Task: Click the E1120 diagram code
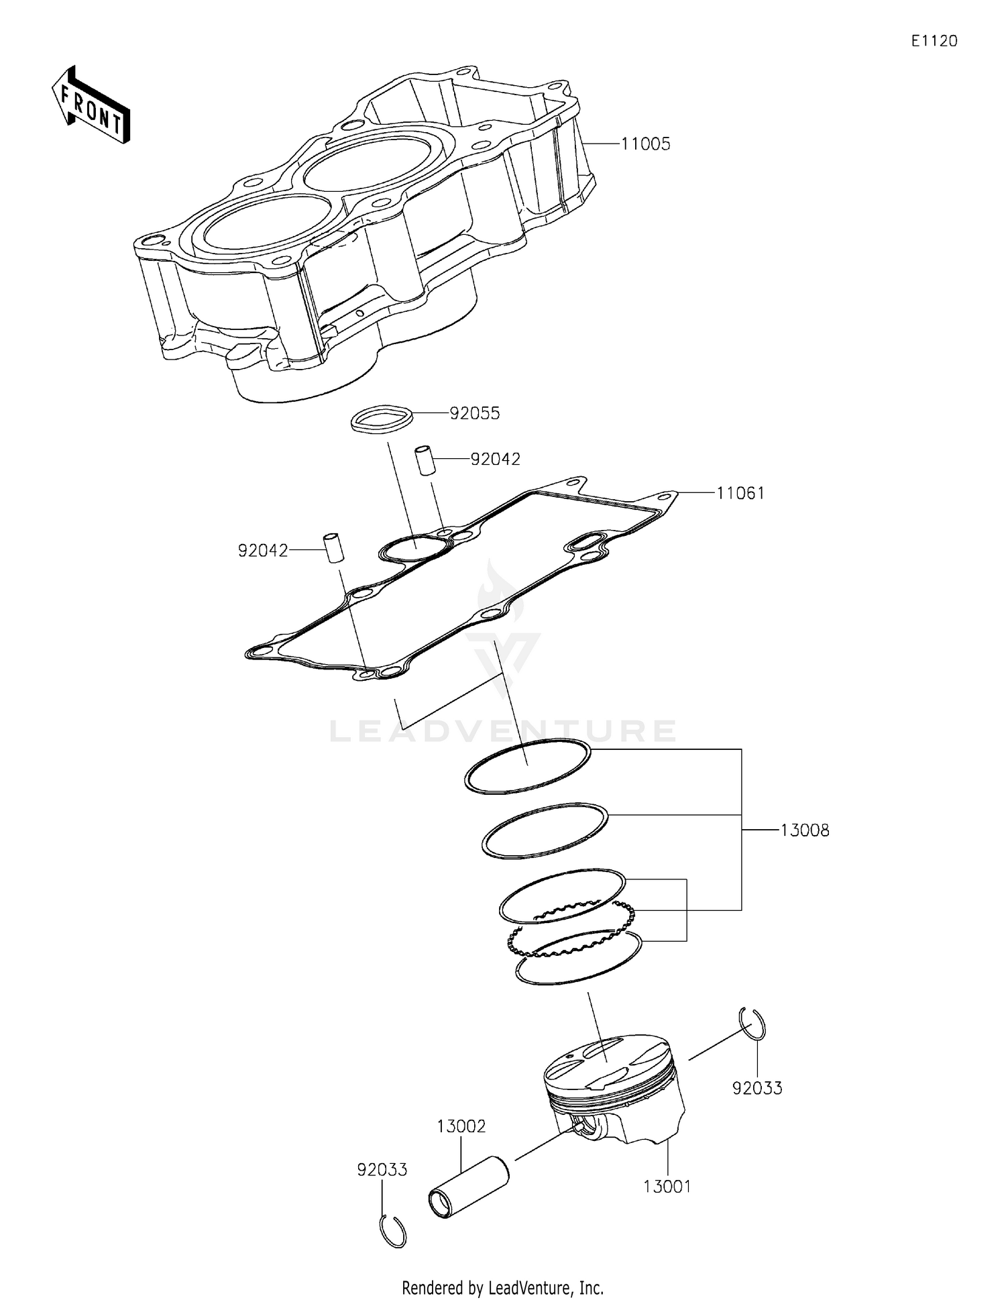click(x=934, y=41)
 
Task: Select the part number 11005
click(x=645, y=144)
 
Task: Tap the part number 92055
click(x=475, y=413)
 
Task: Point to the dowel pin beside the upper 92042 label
click(x=424, y=459)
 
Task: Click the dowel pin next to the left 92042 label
click(x=333, y=547)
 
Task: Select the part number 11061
click(x=740, y=494)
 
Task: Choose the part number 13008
click(x=805, y=830)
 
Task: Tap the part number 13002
click(x=461, y=1126)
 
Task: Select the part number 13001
click(x=667, y=1186)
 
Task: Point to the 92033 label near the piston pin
click(x=382, y=1169)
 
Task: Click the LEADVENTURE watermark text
click(x=503, y=731)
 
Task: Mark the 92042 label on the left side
click(x=263, y=551)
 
